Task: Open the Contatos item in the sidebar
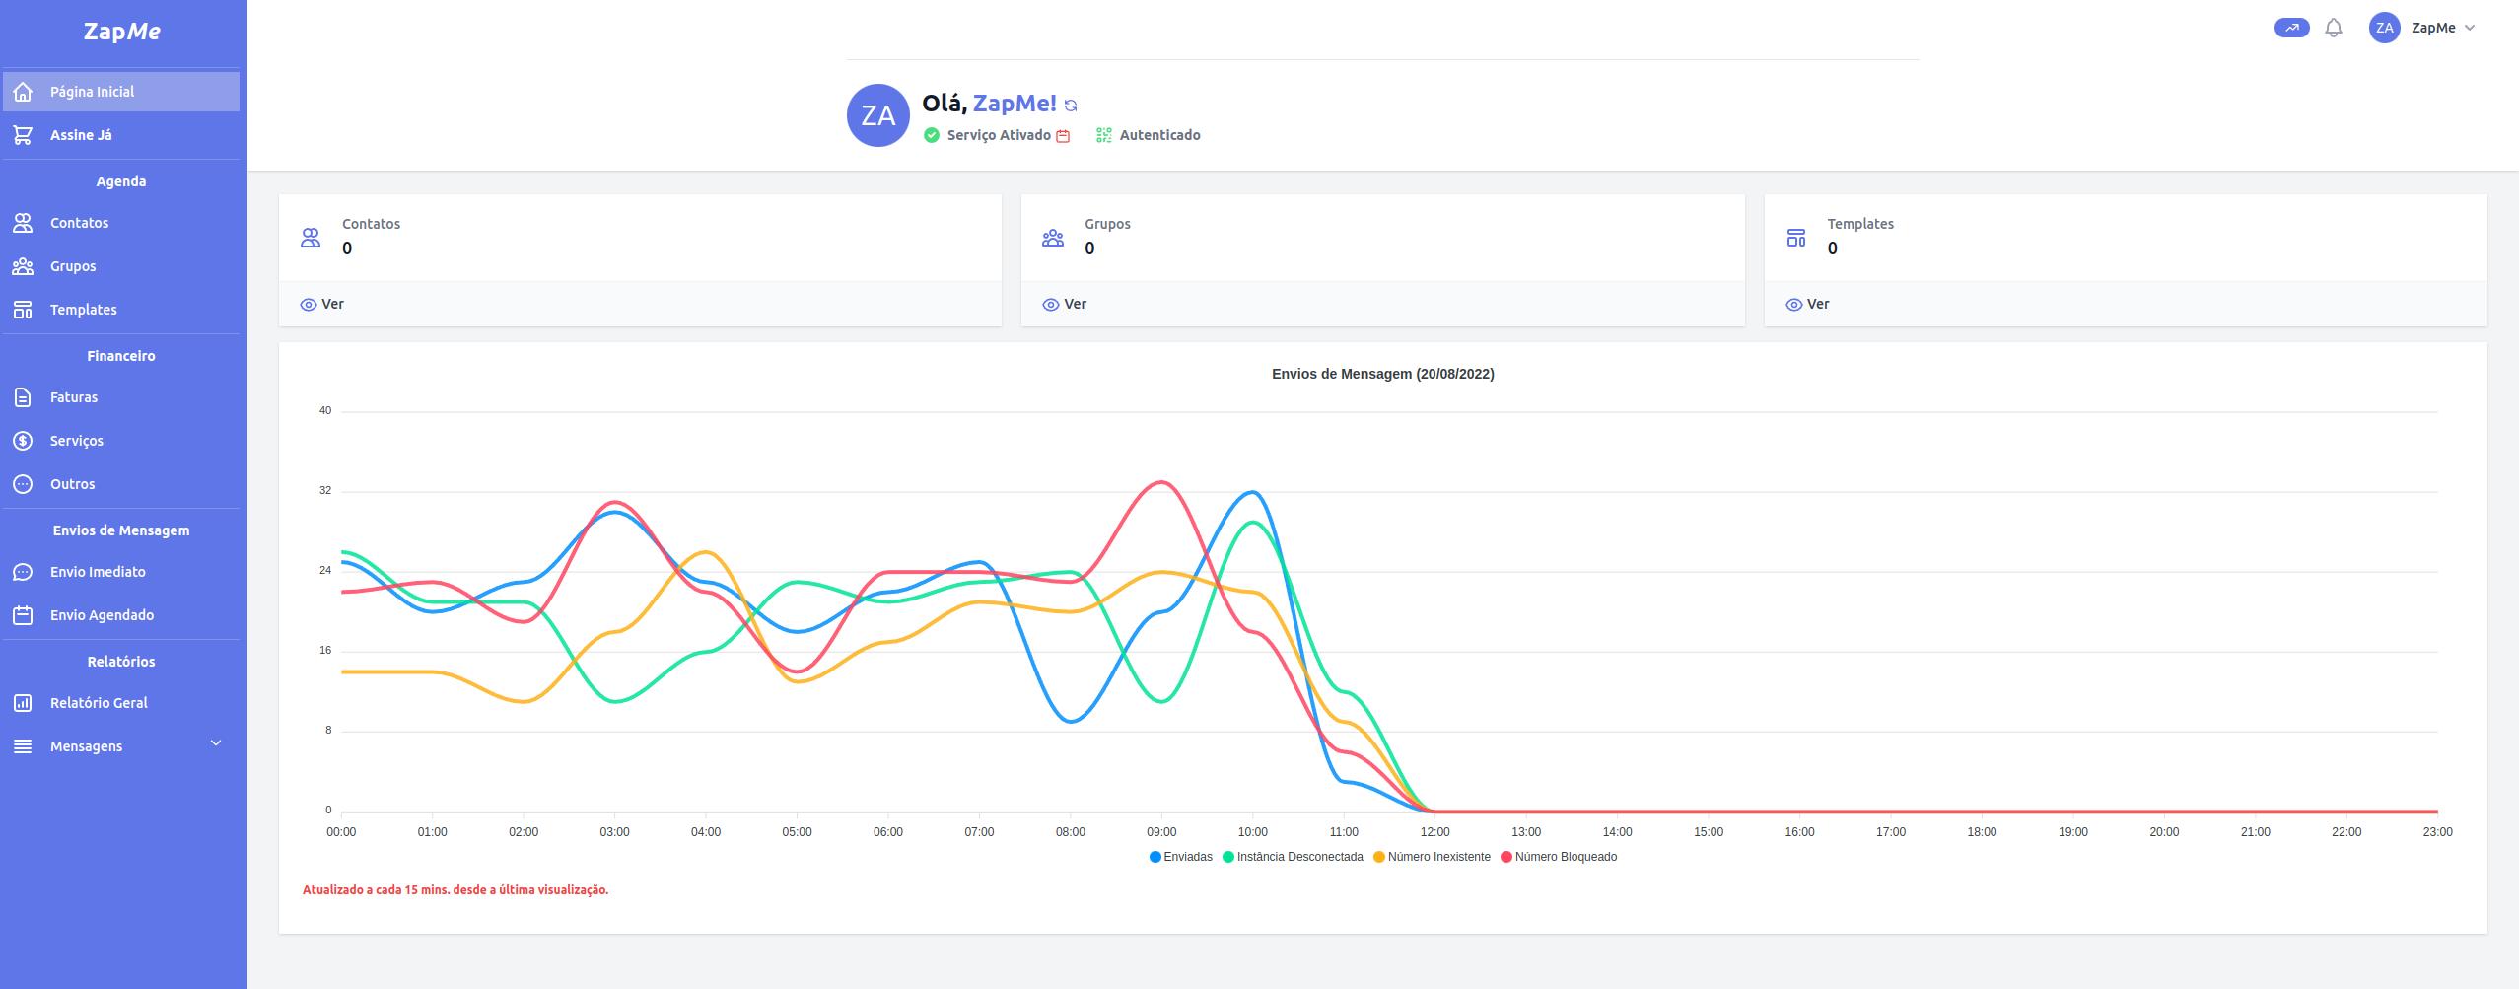(x=79, y=223)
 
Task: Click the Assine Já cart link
(x=81, y=135)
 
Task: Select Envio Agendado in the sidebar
(x=102, y=615)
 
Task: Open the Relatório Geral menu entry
(x=99, y=703)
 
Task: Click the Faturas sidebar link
(x=74, y=397)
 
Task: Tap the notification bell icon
(x=2334, y=29)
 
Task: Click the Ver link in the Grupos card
(x=1065, y=304)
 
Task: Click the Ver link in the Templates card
(x=1807, y=304)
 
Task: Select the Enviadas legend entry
(x=1181, y=857)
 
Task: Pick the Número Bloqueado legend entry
(x=1559, y=857)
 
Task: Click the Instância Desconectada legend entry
(x=1294, y=857)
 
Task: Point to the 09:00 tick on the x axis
(x=1161, y=832)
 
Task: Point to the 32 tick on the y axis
(x=325, y=491)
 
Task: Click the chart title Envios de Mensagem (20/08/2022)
(x=1382, y=374)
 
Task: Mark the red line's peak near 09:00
(x=1161, y=482)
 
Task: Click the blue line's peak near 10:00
(x=1252, y=491)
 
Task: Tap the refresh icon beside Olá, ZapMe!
(x=1071, y=106)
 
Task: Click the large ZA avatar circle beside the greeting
(x=877, y=115)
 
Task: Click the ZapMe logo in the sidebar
(x=121, y=31)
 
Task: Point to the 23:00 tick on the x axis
(x=2437, y=832)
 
